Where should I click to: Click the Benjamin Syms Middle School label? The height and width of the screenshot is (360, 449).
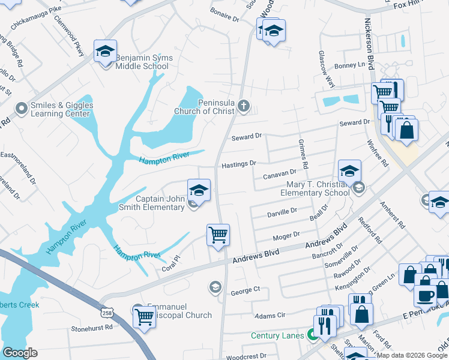144,62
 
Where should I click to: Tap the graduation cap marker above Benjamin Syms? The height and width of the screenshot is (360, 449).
105,52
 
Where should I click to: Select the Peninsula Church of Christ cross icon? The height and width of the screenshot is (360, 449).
243,106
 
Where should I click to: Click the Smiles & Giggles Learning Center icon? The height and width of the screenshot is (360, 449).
22,109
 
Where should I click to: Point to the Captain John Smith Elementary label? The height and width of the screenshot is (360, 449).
159,203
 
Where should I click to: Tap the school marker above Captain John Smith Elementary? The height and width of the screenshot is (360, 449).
199,191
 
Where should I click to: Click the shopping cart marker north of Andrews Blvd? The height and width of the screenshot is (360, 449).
218,235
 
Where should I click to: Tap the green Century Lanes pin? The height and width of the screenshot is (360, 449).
312,335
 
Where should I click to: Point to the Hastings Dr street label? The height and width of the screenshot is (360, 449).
238,164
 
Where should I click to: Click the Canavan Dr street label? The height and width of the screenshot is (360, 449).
280,175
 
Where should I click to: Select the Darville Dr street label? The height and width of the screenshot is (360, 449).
282,211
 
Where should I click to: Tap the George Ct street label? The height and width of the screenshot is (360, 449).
245,289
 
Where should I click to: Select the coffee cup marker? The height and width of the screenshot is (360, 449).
426,295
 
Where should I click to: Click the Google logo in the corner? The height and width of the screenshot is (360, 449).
20,353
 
